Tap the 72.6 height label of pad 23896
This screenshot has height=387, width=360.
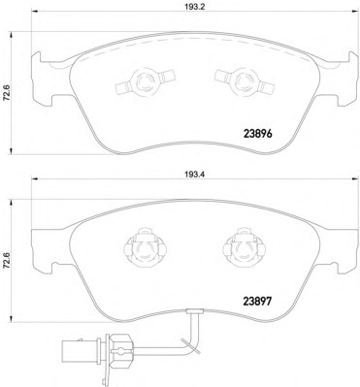6,93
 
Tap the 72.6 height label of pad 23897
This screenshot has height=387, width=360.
6,261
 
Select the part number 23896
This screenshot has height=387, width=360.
257,133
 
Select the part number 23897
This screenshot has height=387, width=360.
257,302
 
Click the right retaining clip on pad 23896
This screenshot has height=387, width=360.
244,82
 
